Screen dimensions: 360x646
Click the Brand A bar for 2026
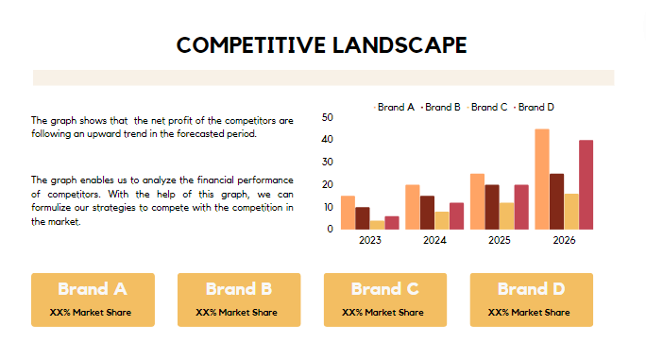(542, 179)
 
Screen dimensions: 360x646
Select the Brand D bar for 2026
(586, 184)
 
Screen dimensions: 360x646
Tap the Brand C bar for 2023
(377, 224)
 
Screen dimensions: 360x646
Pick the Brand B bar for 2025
(492, 206)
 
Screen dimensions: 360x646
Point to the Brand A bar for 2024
(413, 206)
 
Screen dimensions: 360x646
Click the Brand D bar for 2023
(391, 222)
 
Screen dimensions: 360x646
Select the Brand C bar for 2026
(570, 211)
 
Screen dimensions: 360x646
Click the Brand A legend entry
(396, 107)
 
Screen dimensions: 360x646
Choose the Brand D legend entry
(535, 107)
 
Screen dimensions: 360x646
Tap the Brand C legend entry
(489, 107)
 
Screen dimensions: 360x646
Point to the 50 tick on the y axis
(328, 117)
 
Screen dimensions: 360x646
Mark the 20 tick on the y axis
(328, 184)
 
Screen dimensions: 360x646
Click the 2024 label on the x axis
(434, 240)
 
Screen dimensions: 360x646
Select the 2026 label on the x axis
(564, 240)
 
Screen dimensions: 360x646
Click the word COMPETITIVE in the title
(247, 44)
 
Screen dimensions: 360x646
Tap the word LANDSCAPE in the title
(396, 44)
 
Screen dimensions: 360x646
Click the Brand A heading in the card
(92, 289)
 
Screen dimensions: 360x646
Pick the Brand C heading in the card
(384, 289)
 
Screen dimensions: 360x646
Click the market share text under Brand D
(530, 312)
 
